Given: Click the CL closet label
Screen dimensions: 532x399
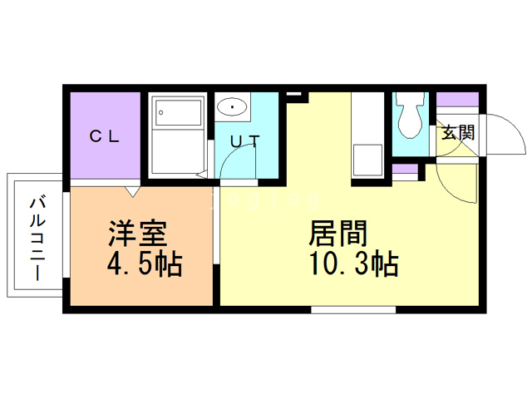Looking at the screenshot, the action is pyautogui.click(x=104, y=136).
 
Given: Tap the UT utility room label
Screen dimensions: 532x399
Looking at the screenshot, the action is pyautogui.click(x=245, y=141).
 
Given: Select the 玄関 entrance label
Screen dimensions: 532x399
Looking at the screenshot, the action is pyautogui.click(x=458, y=132).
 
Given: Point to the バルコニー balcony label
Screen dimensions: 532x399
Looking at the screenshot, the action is pyautogui.click(x=37, y=239).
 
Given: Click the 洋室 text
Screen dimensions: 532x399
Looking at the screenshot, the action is pyautogui.click(x=137, y=234).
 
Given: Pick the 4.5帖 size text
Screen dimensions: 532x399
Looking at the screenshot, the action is pyautogui.click(x=145, y=264).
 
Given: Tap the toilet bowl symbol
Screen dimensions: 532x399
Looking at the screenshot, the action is pyautogui.click(x=410, y=116).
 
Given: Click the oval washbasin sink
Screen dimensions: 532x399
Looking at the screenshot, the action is pyautogui.click(x=232, y=106).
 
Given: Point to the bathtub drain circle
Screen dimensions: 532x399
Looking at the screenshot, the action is pyautogui.click(x=160, y=112).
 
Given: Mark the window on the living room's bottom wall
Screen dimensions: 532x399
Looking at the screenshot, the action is pyautogui.click(x=353, y=309).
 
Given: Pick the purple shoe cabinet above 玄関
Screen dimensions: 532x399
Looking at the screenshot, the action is pyautogui.click(x=457, y=100).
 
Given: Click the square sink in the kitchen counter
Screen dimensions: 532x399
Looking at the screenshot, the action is pyautogui.click(x=367, y=160).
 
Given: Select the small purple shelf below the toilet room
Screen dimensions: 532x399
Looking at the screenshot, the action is pyautogui.click(x=405, y=169).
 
